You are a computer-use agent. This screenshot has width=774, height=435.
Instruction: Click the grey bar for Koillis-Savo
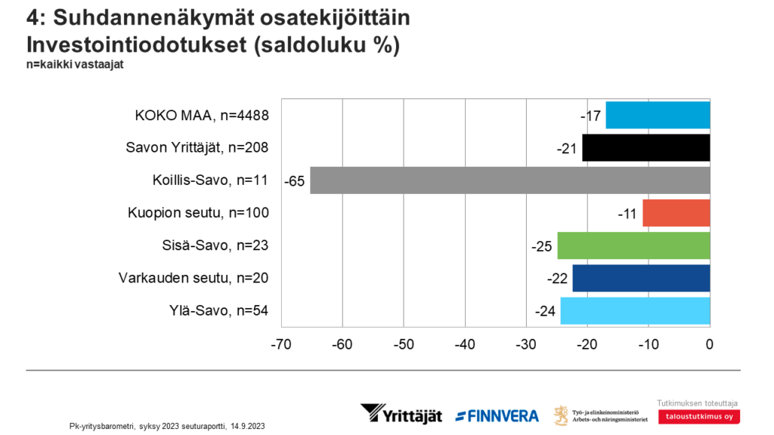510,180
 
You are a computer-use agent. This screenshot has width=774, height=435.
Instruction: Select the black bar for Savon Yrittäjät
646,147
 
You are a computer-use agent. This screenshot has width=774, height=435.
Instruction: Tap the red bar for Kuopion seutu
676,213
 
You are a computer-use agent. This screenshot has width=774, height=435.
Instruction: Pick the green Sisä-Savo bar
633,245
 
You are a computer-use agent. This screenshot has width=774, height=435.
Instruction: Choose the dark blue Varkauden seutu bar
641,278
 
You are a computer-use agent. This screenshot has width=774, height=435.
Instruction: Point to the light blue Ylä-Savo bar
635,310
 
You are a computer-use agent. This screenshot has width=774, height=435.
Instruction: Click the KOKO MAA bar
658,115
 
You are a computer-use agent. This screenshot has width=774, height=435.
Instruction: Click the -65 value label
295,181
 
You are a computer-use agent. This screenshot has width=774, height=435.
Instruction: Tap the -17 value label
591,116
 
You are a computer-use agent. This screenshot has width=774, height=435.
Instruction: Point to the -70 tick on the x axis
280,345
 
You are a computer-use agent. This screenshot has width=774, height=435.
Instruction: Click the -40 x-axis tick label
464,345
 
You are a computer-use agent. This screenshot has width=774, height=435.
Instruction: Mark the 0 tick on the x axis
709,345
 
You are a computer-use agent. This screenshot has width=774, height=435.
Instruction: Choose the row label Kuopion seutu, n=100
198,213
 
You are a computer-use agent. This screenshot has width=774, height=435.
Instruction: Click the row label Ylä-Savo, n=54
215,310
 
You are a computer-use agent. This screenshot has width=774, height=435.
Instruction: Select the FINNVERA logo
497,415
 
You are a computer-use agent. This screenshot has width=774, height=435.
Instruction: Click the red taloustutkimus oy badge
698,416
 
